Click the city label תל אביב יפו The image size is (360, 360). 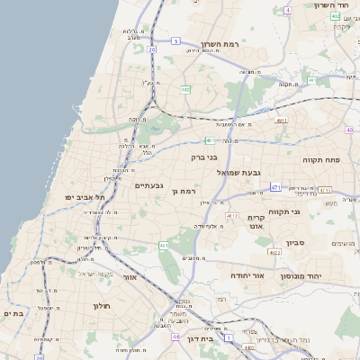[x=85, y=196]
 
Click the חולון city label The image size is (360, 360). [x=100, y=306]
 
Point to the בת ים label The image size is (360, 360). [x=13, y=313]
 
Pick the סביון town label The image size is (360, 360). [x=296, y=243]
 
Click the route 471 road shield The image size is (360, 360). [x=275, y=188]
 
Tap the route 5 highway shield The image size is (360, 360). [x=175, y=41]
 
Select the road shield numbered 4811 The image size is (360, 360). [x=282, y=119]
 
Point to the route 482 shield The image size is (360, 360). [x=185, y=90]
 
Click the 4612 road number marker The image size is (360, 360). [x=232, y=217]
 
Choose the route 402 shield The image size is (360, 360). [x=335, y=16]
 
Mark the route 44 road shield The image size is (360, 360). [x=174, y=337]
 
